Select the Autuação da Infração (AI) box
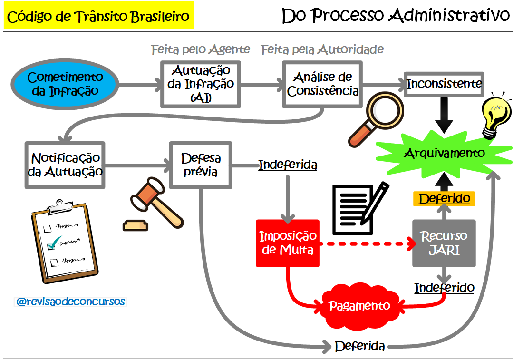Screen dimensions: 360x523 201,84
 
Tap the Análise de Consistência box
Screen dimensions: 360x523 322,84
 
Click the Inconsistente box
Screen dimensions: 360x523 444,84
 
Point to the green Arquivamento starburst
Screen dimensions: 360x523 444,153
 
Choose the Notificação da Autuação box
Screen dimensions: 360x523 65,165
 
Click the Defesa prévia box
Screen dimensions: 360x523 201,165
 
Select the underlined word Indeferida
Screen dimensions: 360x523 288,165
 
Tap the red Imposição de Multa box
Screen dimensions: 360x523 287,243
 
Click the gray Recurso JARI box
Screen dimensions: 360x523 444,243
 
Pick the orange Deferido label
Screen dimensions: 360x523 444,198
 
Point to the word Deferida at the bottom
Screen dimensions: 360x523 359,346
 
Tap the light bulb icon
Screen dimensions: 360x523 495,114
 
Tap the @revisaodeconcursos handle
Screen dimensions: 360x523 70,302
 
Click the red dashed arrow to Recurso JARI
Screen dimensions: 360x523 366,243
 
